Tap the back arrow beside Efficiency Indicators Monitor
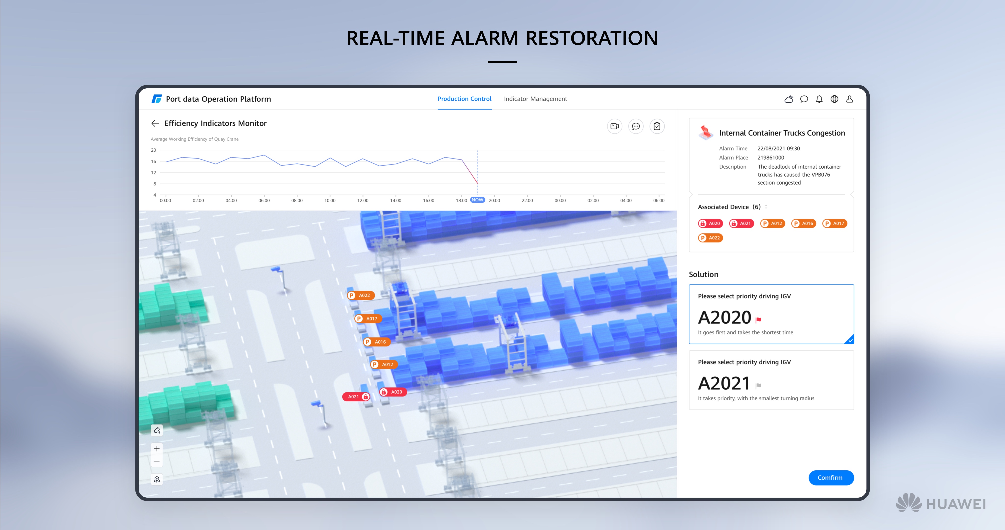tap(155, 123)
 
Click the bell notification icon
tap(819, 99)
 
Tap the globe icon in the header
tap(834, 99)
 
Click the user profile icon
tap(850, 99)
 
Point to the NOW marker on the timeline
tap(477, 200)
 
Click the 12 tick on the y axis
tap(153, 172)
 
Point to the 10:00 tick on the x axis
tap(330, 201)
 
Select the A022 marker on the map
tap(361, 295)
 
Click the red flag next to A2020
tap(758, 320)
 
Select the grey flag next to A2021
tap(758, 386)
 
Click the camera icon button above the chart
tap(615, 126)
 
